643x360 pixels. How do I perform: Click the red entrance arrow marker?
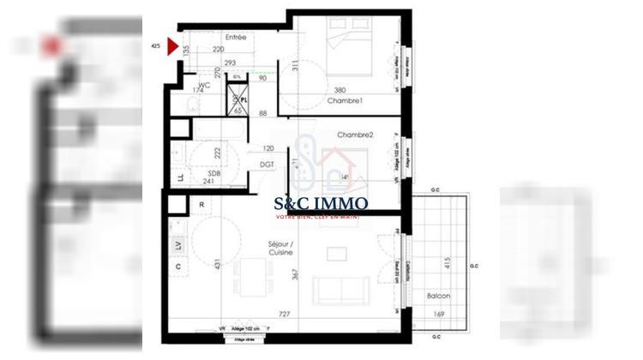172,46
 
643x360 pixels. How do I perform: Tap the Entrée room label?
236,38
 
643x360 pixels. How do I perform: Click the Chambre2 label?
355,135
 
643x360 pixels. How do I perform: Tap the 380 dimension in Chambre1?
340,91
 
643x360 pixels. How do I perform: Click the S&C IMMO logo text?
321,204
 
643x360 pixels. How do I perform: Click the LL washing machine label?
180,178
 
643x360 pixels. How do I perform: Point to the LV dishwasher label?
179,245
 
